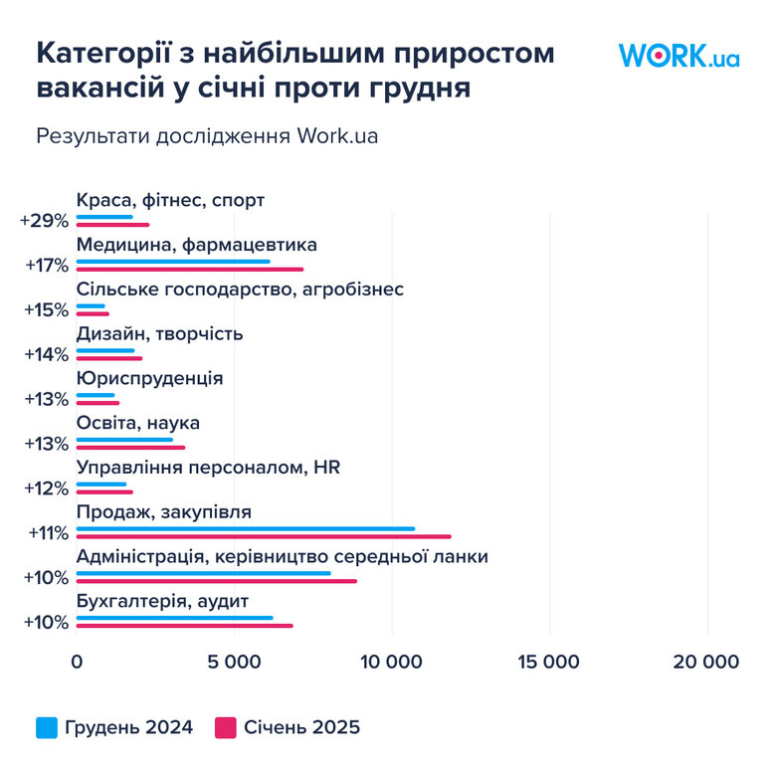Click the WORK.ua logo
click(x=679, y=55)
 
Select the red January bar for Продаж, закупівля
click(x=264, y=537)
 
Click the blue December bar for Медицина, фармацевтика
click(x=173, y=262)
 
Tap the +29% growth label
click(x=44, y=221)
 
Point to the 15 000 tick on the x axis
click(x=549, y=663)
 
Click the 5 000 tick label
click(x=234, y=663)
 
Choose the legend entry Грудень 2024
click(x=114, y=727)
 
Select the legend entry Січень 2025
click(x=288, y=727)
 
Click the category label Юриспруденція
click(x=149, y=378)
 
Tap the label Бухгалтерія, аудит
click(x=162, y=601)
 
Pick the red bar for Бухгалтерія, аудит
click(x=185, y=626)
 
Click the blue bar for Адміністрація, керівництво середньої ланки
click(x=203, y=574)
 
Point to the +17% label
click(x=46, y=266)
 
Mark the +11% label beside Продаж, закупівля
click(x=48, y=532)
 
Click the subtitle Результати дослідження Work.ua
click(x=207, y=136)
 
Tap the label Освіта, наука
click(x=138, y=423)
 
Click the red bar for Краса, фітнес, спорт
click(x=112, y=225)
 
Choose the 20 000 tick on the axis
click(x=707, y=663)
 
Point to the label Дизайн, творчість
click(x=159, y=333)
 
